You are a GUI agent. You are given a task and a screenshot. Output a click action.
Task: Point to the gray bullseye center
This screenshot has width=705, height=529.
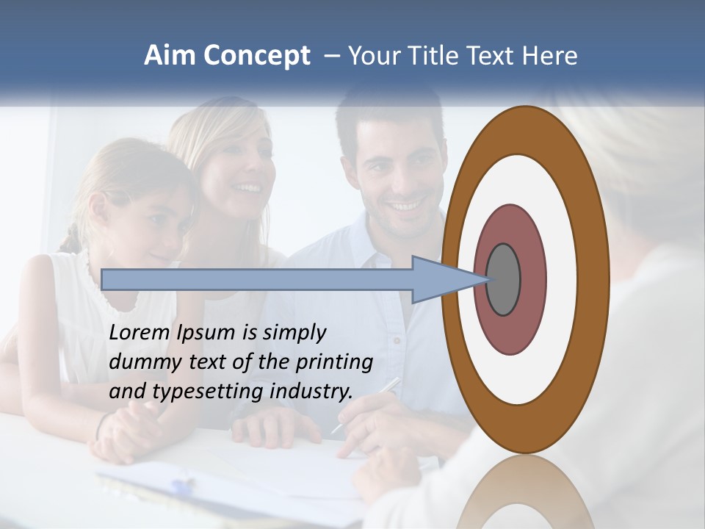tap(503, 280)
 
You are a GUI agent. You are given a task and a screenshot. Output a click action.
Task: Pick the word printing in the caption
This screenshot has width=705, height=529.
tap(334, 363)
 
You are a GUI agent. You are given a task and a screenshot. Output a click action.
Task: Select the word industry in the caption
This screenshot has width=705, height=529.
tap(311, 392)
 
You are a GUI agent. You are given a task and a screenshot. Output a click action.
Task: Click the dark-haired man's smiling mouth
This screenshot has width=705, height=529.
tap(405, 206)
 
